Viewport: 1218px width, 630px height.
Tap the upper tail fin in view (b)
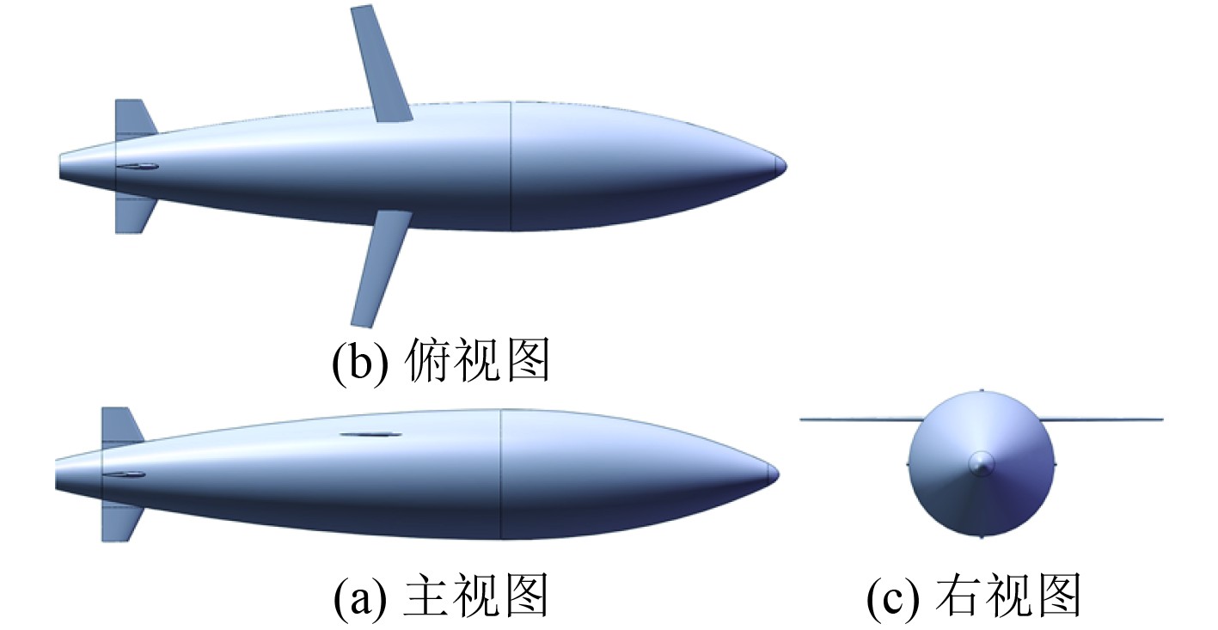pyautogui.click(x=132, y=119)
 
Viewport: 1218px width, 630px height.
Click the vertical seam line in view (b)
pyautogui.click(x=511, y=166)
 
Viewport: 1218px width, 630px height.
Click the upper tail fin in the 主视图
pyautogui.click(x=120, y=426)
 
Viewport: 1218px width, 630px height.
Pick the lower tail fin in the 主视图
pyautogui.click(x=120, y=520)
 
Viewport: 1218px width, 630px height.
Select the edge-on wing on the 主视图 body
pyautogui.click(x=370, y=434)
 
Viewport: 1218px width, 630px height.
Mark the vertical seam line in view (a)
pyautogui.click(x=500, y=474)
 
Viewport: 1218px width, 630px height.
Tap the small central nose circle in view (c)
pyautogui.click(x=981, y=463)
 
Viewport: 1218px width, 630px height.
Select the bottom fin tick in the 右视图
pyautogui.click(x=982, y=535)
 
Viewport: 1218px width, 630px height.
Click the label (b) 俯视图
pyautogui.click(x=440, y=362)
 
